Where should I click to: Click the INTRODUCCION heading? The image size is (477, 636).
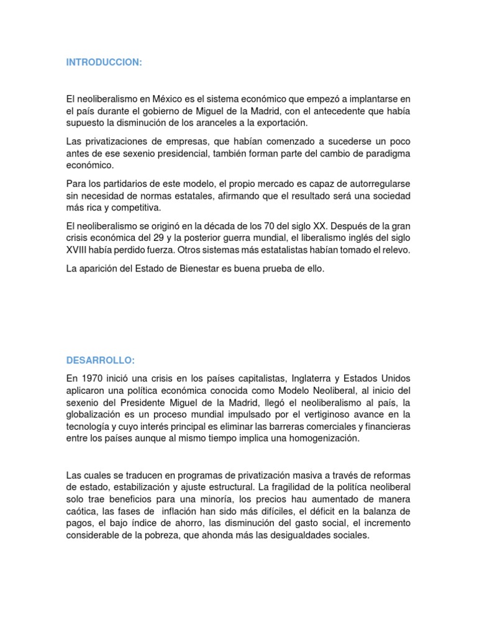coord(104,63)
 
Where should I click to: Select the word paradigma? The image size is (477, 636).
coord(384,153)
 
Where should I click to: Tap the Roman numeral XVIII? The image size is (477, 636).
coord(79,250)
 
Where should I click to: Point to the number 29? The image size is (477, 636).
coord(164,238)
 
